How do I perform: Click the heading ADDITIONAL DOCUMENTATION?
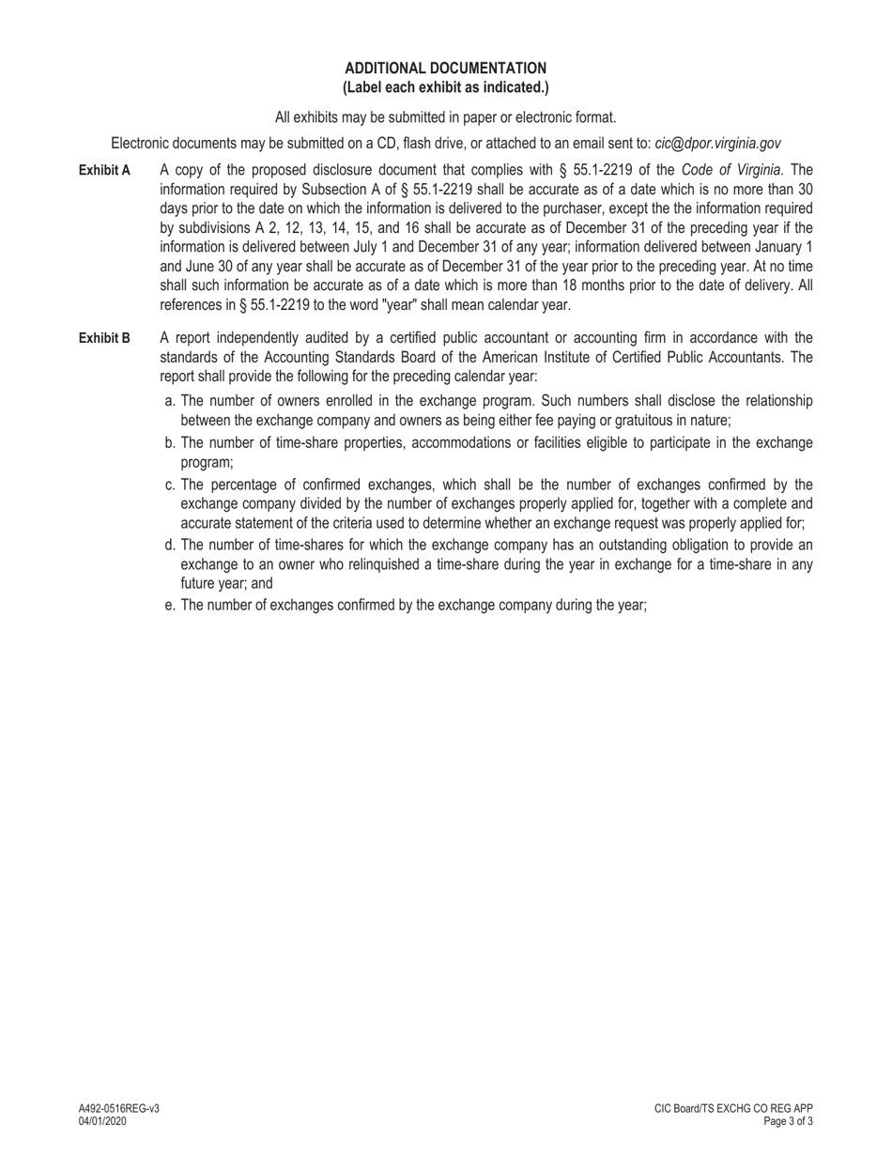[445, 69]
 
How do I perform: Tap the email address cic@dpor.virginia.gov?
[717, 144]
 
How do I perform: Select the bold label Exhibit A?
[104, 170]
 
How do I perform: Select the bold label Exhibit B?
[104, 338]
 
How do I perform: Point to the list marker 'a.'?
[170, 401]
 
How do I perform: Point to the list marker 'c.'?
[170, 485]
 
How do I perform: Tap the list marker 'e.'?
[170, 606]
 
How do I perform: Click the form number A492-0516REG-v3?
[118, 1109]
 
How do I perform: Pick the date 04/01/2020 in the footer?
[102, 1121]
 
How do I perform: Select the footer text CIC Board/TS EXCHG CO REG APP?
[733, 1109]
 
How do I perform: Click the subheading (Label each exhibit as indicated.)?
[445, 87]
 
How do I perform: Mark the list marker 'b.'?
[170, 443]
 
